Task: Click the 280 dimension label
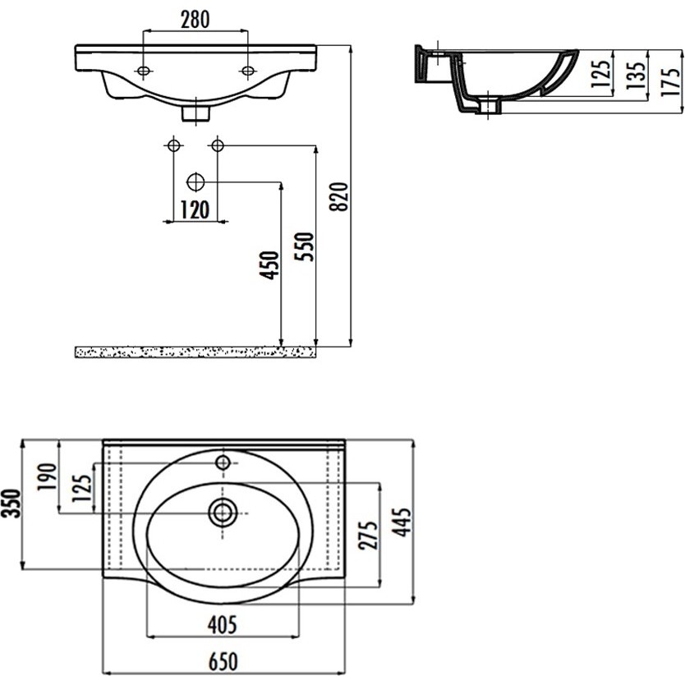point(195,20)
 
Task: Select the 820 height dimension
point(340,196)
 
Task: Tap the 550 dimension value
point(305,247)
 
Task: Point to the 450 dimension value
point(269,265)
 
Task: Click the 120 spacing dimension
point(195,209)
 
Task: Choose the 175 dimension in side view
point(670,81)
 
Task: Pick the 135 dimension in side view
point(636,76)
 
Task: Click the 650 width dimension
point(223,661)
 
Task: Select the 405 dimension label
point(223,624)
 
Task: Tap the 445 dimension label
point(402,522)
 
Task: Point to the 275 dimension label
point(367,535)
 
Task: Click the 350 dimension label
point(11,503)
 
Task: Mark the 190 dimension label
point(47,476)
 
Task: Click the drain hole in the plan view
point(223,513)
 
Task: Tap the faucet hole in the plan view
point(223,462)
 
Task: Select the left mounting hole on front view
point(143,71)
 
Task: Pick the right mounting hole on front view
point(248,71)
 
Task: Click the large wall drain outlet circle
point(195,182)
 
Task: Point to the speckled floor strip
point(195,352)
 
